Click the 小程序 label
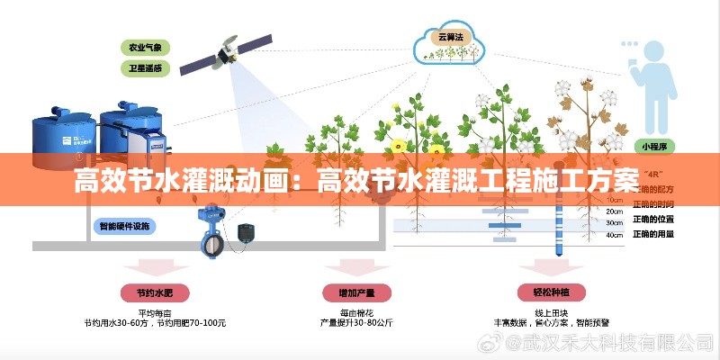coord(653,145)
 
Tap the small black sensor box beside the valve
coord(244,231)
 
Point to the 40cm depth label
coord(614,235)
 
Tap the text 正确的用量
coord(653,234)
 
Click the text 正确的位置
coord(653,219)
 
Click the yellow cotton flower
coord(398,144)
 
